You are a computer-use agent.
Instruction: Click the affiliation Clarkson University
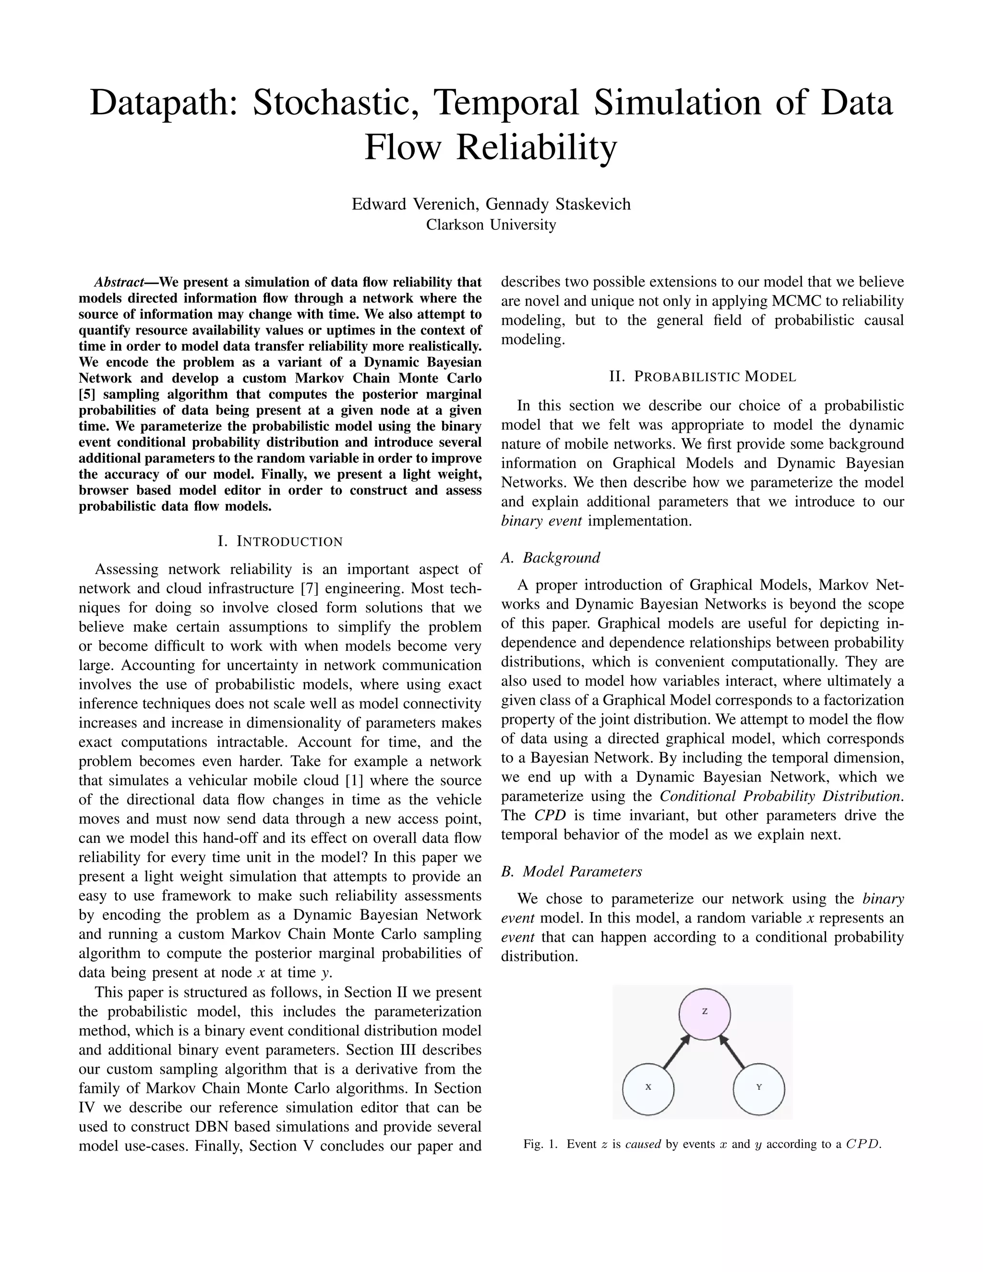coord(491,224)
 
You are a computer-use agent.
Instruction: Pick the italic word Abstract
coord(119,282)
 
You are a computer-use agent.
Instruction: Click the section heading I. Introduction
coord(280,541)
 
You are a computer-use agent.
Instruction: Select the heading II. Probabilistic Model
coord(702,377)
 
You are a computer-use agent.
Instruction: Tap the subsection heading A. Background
coord(551,558)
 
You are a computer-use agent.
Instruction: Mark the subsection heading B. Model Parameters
coord(571,871)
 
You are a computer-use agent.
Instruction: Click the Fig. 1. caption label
coord(541,1144)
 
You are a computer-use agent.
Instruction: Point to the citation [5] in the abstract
coord(86,394)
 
